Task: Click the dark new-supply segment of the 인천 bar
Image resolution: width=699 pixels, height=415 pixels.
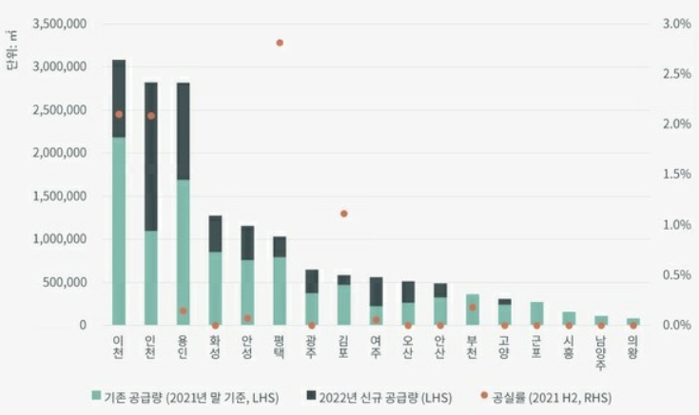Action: coord(150,157)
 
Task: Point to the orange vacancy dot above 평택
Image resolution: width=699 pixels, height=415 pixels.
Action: coord(280,43)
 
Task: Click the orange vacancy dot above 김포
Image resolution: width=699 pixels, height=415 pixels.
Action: coord(344,214)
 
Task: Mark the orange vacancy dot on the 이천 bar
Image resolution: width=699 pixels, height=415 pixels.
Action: coord(119,114)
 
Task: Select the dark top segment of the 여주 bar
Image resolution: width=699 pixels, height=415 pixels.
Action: coord(377,292)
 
